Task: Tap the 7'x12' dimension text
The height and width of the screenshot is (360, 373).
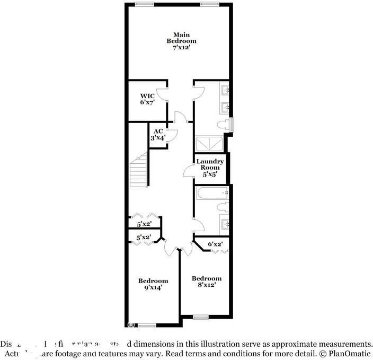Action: coord(181,48)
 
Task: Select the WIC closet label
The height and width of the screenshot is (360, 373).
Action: coord(147,95)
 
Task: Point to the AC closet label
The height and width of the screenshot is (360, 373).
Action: coord(158,131)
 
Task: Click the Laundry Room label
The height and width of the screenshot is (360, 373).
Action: coord(210,164)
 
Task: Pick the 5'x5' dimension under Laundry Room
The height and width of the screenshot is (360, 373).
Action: coord(210,174)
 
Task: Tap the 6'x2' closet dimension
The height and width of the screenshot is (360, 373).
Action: coord(215,244)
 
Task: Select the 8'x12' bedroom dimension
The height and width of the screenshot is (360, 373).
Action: coord(206,285)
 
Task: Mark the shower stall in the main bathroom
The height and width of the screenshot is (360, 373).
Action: coord(210,145)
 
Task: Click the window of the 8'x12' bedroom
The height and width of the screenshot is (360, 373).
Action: coord(201,317)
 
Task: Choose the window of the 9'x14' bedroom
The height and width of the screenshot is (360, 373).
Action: coord(147,325)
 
